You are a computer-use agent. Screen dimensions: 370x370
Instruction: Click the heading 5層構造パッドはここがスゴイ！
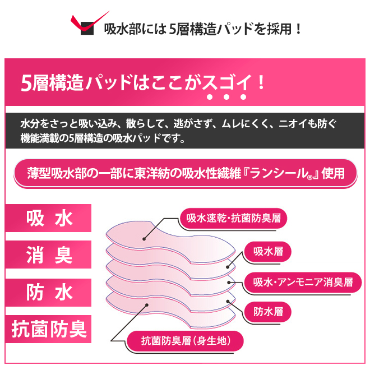click(x=143, y=82)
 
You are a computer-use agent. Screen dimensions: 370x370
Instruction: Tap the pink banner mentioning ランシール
click(x=186, y=173)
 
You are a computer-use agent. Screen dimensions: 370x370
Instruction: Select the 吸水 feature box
click(x=48, y=218)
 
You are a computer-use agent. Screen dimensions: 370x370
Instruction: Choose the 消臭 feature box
click(x=48, y=255)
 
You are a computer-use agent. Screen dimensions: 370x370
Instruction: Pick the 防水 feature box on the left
click(x=48, y=293)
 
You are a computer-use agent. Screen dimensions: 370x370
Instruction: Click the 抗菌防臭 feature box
click(x=48, y=329)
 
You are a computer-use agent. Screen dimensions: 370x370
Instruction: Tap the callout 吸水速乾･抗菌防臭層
click(x=233, y=218)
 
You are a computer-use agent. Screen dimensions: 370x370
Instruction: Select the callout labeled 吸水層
click(x=268, y=252)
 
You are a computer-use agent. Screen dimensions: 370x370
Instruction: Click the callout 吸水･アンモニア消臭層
click(x=303, y=283)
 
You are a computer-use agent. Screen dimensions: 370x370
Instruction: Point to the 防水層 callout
click(x=268, y=312)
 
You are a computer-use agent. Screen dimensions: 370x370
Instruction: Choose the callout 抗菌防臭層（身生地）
click(x=185, y=341)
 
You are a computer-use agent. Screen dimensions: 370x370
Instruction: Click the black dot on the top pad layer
click(x=144, y=239)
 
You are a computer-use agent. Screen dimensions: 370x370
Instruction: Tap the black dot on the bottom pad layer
click(x=147, y=305)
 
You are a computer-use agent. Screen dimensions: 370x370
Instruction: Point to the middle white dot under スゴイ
click(x=226, y=97)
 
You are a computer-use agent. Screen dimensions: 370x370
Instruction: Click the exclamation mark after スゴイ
click(x=261, y=82)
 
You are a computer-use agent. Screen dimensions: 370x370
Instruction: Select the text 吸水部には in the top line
click(x=136, y=29)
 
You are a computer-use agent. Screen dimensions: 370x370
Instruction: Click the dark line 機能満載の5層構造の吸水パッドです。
click(x=103, y=138)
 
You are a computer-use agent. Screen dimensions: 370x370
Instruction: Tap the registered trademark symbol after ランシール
click(x=310, y=178)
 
